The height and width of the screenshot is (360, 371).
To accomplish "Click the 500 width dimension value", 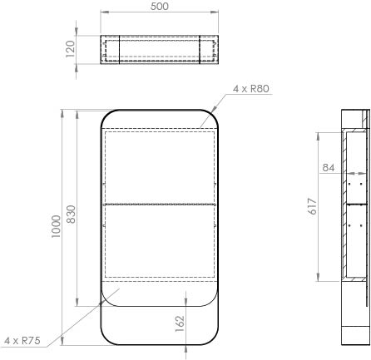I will [160, 6].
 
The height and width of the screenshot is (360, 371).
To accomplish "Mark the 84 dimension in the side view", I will [329, 169].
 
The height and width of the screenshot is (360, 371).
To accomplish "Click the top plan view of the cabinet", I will [160, 49].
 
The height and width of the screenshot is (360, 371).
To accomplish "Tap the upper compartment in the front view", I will [160, 165].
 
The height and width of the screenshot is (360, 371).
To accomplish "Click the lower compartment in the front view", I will [160, 241].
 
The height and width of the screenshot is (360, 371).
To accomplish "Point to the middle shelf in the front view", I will [160, 202].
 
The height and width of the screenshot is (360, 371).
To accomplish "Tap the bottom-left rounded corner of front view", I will [107, 338].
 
